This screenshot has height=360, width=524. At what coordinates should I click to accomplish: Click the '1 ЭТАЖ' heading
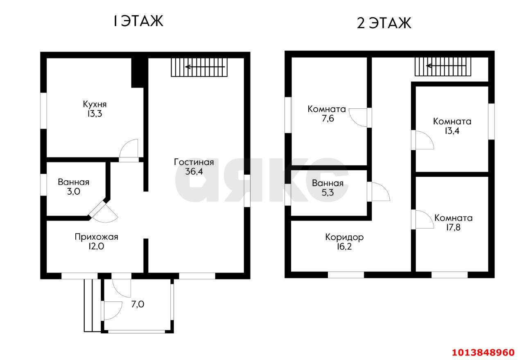(138, 21)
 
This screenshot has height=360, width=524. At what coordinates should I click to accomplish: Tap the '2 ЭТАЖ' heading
(384, 23)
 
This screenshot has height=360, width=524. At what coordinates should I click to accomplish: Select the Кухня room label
(95, 104)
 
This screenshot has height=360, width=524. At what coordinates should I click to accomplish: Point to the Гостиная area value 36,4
(194, 171)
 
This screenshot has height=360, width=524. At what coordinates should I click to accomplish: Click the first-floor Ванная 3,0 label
(74, 187)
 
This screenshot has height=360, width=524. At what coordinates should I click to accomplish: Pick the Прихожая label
(96, 237)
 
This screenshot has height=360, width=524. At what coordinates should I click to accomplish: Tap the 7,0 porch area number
(138, 304)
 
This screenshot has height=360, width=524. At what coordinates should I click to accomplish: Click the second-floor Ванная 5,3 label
(328, 188)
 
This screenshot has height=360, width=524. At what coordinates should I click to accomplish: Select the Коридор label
(344, 237)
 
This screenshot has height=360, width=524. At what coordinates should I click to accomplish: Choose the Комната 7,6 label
(327, 114)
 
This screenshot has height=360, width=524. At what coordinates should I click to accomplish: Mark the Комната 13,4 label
(452, 126)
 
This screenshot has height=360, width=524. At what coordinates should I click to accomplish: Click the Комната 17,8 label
(453, 223)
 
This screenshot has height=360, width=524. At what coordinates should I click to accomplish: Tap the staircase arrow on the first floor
(205, 67)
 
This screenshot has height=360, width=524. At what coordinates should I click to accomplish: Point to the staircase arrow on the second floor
(446, 66)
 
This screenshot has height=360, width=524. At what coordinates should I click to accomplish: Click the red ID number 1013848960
(483, 352)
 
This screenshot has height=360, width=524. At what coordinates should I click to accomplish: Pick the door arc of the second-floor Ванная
(384, 189)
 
